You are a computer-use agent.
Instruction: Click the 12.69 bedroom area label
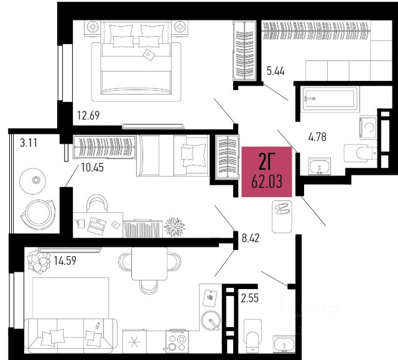click(88, 116)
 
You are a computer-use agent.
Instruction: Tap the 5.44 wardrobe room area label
click(275, 71)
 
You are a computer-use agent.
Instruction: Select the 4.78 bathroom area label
click(317, 137)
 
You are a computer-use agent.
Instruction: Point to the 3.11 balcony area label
click(29, 143)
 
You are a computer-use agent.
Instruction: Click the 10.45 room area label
click(93, 168)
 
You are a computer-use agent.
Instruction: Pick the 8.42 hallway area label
click(251, 238)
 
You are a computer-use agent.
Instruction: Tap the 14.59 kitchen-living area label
click(65, 261)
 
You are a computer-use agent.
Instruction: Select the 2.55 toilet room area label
click(250, 298)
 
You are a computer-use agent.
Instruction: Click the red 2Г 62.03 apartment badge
click(267, 172)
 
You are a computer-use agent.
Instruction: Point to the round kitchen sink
click(211, 320)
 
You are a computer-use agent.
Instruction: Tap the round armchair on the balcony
click(38, 215)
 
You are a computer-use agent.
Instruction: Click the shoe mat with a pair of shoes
click(282, 216)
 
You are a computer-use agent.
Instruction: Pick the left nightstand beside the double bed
click(93, 27)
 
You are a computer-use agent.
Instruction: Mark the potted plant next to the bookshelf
click(175, 226)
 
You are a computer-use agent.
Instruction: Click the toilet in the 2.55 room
click(253, 336)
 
